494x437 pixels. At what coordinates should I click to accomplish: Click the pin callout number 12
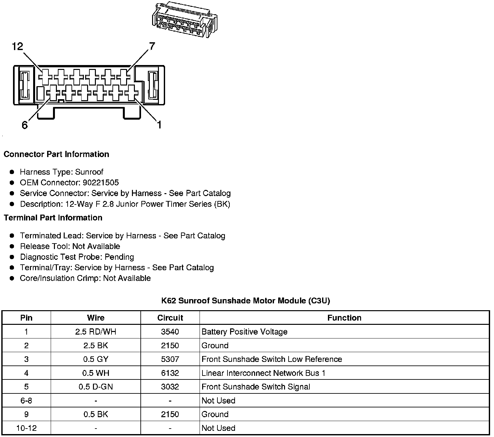click(x=18, y=46)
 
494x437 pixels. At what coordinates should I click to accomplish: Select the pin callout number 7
click(x=152, y=46)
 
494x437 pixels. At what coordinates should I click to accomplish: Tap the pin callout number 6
click(x=25, y=125)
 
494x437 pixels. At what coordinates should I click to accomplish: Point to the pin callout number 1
click(x=159, y=124)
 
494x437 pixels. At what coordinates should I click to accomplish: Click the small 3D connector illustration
click(x=184, y=20)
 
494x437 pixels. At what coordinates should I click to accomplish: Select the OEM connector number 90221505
click(x=101, y=183)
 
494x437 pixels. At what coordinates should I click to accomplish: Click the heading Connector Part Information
click(x=56, y=154)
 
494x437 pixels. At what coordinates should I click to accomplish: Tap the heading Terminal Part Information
click(x=53, y=218)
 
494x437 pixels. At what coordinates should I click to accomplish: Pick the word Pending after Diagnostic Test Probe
click(x=119, y=257)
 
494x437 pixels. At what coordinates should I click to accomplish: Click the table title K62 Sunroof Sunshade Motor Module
click(x=246, y=300)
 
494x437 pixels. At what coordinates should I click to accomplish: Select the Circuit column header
click(x=170, y=318)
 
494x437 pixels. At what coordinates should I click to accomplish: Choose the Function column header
click(x=344, y=318)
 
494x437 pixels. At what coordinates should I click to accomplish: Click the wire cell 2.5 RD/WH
click(x=96, y=332)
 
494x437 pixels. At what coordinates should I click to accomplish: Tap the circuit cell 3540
click(x=170, y=332)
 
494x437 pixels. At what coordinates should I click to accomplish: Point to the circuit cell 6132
click(x=170, y=373)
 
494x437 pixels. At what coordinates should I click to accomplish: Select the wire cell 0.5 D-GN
click(x=96, y=387)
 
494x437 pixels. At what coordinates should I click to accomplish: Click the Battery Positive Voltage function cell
click(x=244, y=332)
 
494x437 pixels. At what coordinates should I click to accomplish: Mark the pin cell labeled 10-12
click(x=26, y=428)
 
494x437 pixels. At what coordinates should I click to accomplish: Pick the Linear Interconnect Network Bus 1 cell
click(x=263, y=373)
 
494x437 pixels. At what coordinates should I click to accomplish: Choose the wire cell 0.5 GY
click(x=96, y=359)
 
